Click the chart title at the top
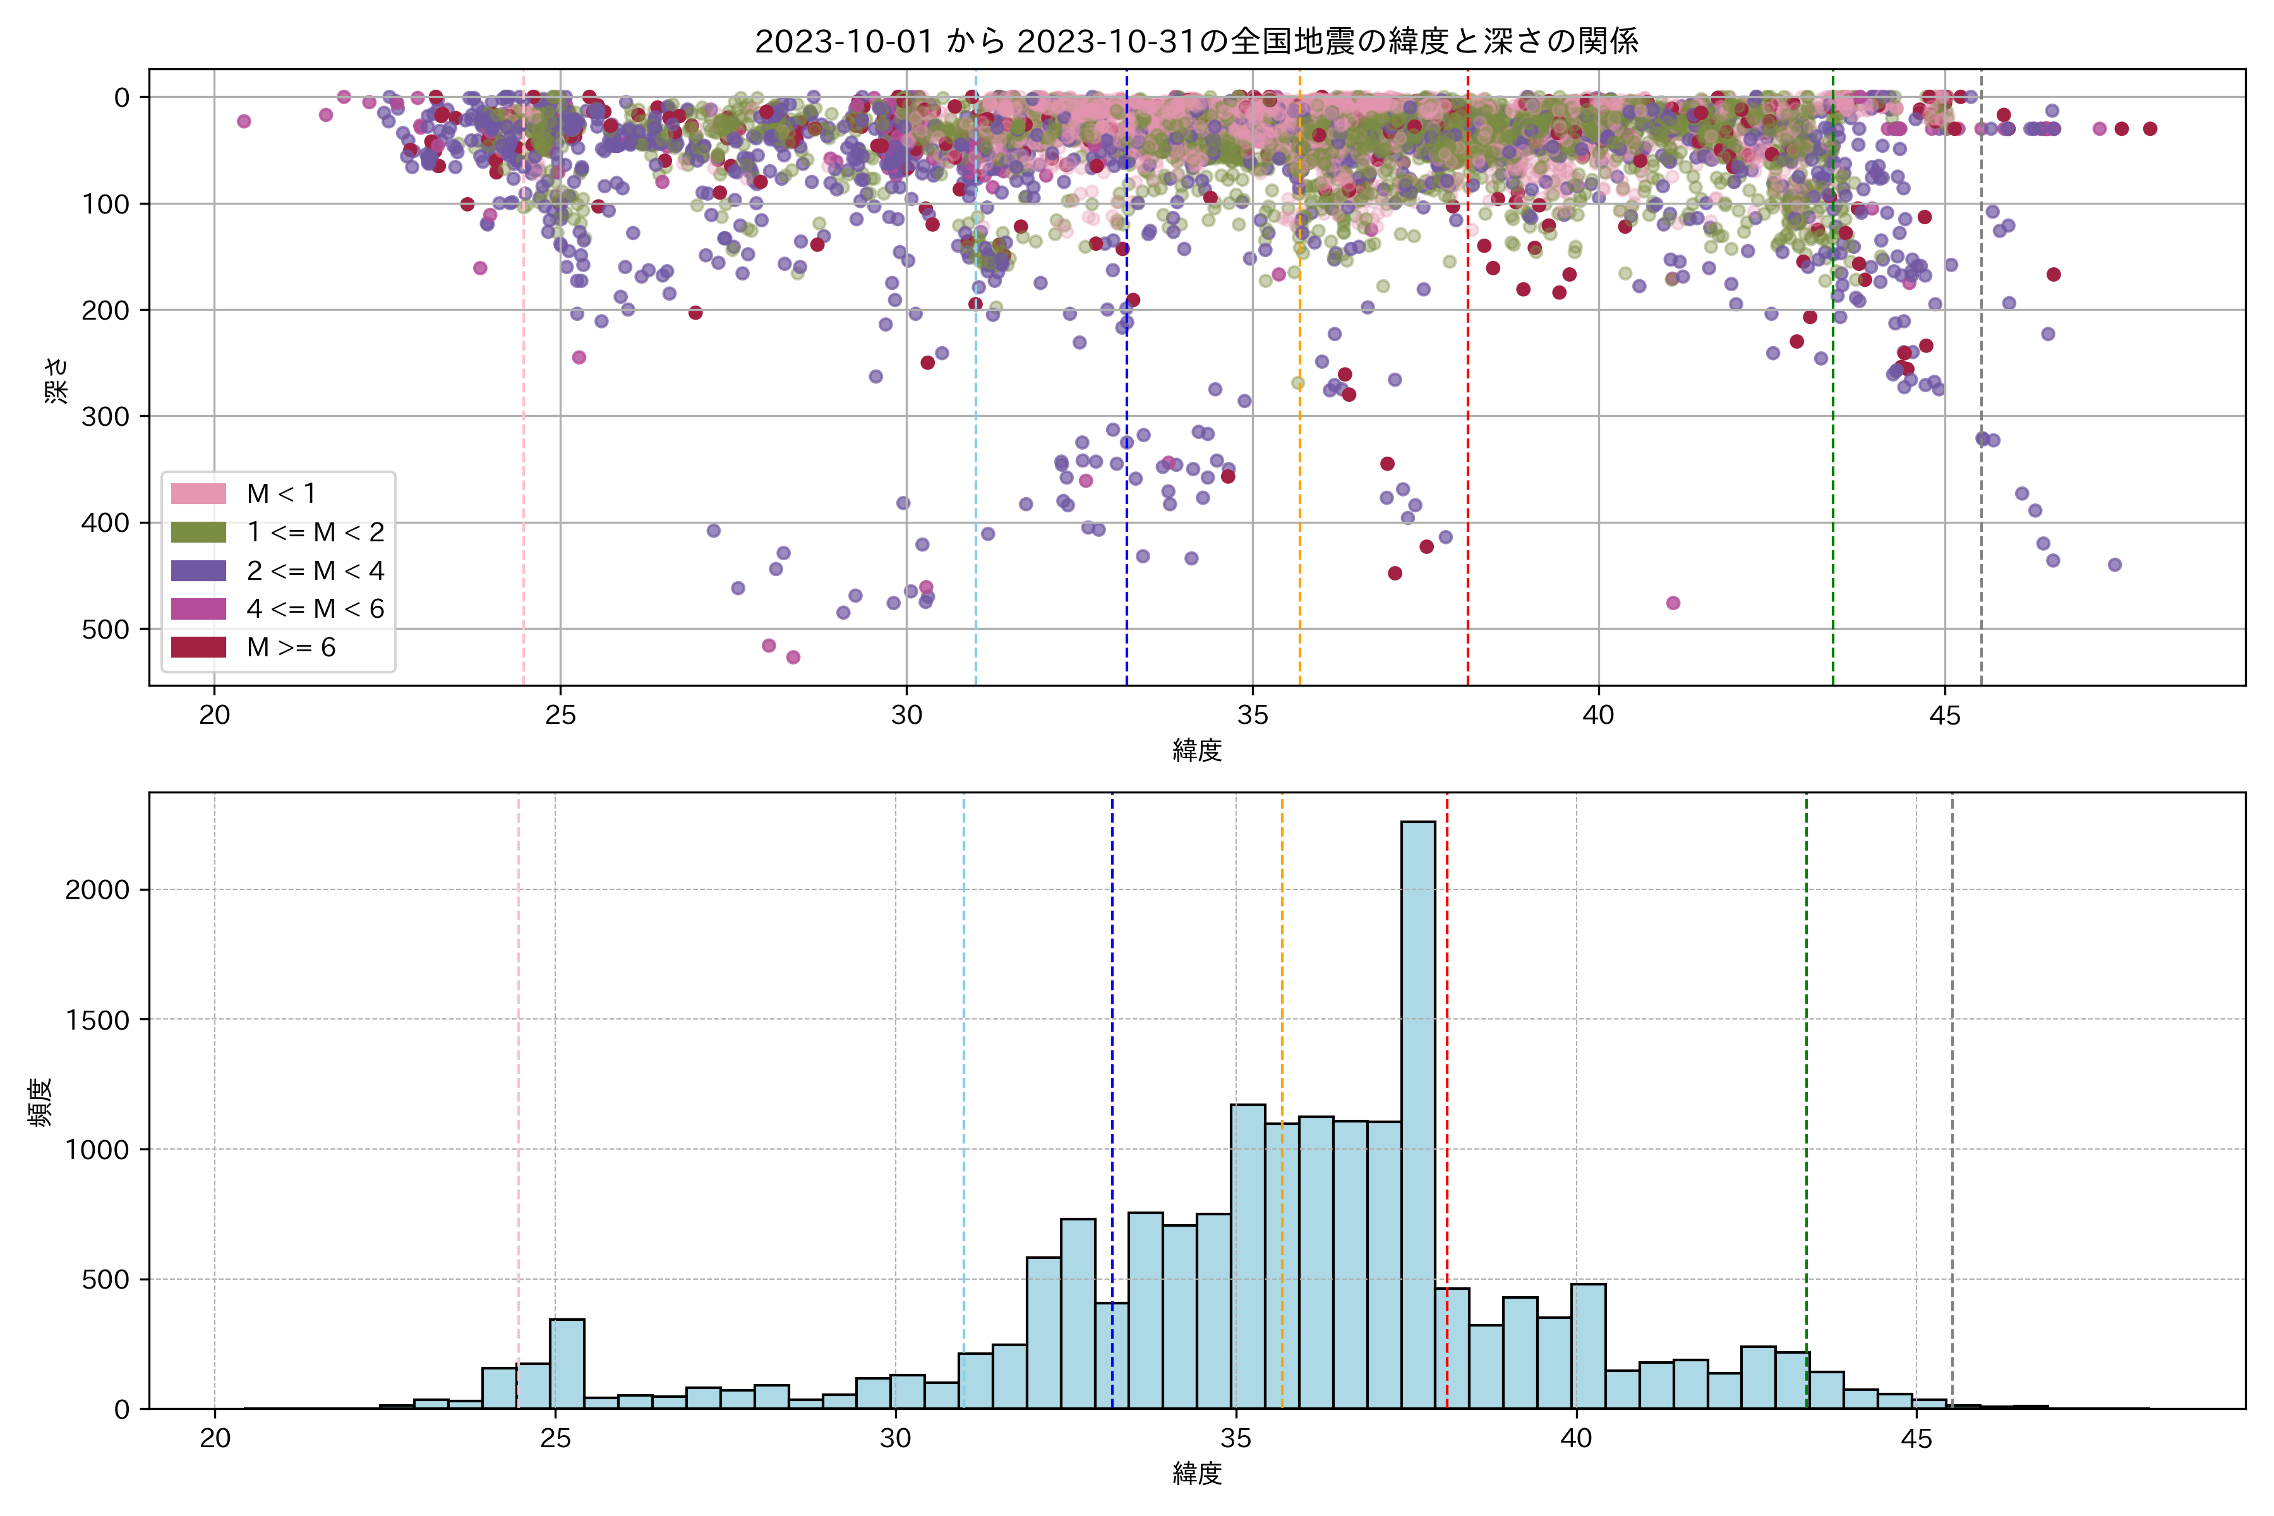1196,42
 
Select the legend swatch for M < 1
198,494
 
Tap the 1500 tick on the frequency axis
97,1020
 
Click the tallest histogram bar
1417,1112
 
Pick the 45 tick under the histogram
1916,1439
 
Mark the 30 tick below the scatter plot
906,716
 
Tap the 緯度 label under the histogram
1197,1474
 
